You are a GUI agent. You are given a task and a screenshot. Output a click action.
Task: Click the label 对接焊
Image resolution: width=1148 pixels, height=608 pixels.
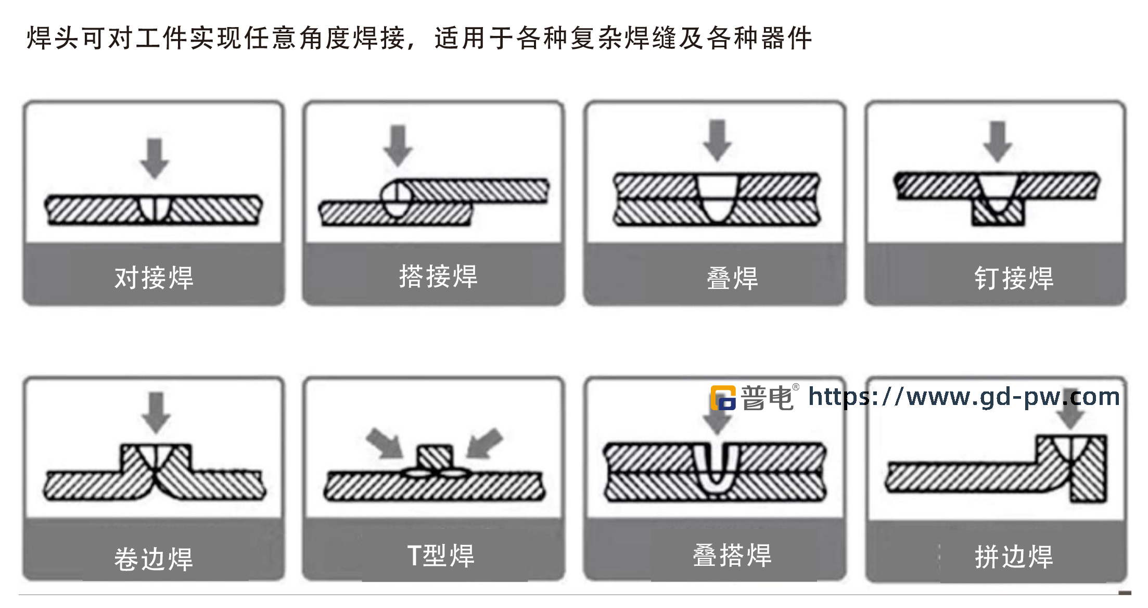tap(154, 277)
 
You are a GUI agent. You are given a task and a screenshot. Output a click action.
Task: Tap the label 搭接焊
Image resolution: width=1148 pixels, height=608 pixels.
tap(438, 276)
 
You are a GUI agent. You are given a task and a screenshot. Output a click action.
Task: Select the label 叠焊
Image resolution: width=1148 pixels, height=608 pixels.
tap(732, 278)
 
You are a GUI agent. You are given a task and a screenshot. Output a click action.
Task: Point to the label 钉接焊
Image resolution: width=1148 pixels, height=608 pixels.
tap(1014, 278)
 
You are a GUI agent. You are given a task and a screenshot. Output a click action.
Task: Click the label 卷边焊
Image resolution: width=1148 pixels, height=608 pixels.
tap(154, 559)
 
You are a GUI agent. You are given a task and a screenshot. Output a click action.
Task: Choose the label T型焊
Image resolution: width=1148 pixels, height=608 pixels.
tap(441, 555)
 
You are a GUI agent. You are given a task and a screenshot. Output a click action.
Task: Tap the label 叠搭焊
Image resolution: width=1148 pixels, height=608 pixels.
tap(732, 555)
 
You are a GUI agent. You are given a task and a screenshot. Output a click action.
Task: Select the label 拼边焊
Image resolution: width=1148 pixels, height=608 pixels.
tap(1014, 556)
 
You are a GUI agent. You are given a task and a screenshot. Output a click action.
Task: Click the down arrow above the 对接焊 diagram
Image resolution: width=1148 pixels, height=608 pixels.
tap(155, 158)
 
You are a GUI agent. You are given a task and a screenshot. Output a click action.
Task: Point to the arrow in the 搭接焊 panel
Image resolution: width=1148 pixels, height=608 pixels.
tap(398, 145)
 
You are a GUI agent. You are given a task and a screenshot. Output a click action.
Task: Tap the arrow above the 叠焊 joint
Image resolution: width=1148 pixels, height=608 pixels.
tap(717, 140)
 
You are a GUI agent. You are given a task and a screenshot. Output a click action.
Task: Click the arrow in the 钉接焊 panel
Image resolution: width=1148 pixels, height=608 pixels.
tap(997, 141)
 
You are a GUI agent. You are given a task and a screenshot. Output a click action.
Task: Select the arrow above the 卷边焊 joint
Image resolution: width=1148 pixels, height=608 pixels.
tap(156, 412)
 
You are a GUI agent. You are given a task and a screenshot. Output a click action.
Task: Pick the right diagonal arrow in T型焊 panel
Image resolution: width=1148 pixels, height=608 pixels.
tap(484, 443)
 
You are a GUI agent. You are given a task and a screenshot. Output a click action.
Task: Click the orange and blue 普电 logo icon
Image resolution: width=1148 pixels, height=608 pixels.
tap(723, 398)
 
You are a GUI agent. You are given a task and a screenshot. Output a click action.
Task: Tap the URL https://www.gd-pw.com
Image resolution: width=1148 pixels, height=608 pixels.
tap(964, 397)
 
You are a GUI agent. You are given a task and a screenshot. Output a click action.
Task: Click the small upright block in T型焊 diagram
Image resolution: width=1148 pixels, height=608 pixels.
tap(435, 458)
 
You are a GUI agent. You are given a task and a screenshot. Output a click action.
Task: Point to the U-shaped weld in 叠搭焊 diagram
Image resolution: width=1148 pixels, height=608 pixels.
tap(717, 468)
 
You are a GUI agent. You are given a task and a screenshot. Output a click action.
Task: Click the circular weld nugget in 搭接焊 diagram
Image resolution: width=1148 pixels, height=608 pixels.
tap(397, 198)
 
